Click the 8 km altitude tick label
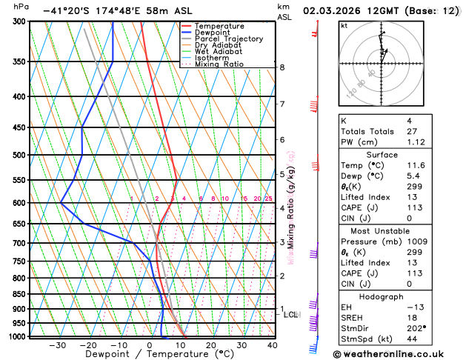point(282,67)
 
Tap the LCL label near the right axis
point(290,315)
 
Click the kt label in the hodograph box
point(344,25)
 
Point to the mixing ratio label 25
point(268,199)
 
